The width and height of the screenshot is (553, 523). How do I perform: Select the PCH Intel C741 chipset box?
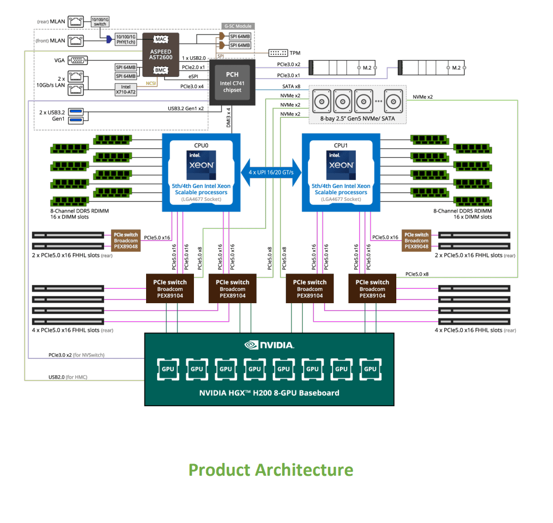click(x=232, y=82)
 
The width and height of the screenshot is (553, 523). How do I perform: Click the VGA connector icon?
click(x=79, y=60)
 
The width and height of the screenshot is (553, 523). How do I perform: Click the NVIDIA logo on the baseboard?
click(x=269, y=345)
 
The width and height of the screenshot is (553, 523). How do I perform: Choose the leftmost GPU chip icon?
click(x=168, y=369)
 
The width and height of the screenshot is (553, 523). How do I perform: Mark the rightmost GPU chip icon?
click(x=370, y=369)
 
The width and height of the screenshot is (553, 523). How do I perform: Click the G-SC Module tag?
click(x=237, y=26)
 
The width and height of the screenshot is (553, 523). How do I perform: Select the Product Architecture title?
click(x=271, y=470)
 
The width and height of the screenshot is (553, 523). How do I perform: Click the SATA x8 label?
click(x=291, y=86)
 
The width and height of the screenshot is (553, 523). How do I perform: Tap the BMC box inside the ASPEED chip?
click(x=160, y=70)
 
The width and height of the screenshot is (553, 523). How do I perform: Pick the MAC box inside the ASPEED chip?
click(x=160, y=39)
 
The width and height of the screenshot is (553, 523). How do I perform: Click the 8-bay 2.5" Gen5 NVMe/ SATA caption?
click(x=358, y=118)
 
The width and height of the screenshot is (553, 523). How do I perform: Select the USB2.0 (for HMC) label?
click(x=67, y=377)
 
